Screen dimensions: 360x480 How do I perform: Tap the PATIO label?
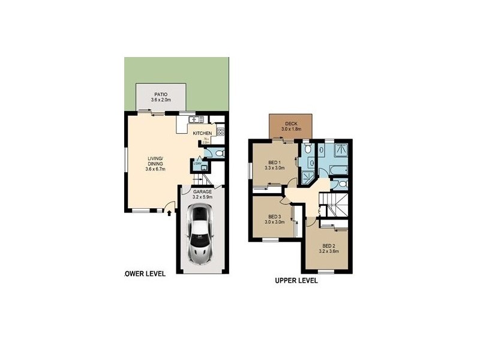[x=160, y=94]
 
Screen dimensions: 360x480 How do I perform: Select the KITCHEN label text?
[x=202, y=133]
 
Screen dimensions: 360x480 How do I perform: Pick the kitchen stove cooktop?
[x=220, y=131]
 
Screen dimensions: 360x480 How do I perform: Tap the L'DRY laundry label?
[x=197, y=164]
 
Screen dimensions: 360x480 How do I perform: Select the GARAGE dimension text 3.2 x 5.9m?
[x=202, y=196]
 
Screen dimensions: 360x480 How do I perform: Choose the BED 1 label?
[x=273, y=163]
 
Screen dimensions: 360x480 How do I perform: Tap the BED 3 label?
[x=275, y=217]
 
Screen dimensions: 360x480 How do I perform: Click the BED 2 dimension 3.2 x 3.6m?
[x=330, y=251]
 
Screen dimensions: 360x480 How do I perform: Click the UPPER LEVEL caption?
[x=296, y=280]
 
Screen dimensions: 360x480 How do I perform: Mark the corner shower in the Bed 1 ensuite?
[x=308, y=175]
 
